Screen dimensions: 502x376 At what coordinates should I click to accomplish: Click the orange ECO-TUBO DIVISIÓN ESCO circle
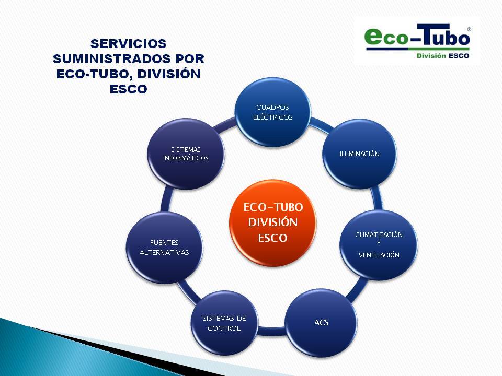point(273,223)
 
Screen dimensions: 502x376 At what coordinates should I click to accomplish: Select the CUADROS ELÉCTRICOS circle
point(273,112)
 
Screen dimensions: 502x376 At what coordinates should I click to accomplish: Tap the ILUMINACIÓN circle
point(360,154)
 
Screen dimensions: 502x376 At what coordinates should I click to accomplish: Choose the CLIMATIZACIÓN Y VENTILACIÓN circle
point(379,245)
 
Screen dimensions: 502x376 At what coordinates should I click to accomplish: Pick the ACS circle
point(321,323)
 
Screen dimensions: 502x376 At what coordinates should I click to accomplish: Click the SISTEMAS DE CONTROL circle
point(224,323)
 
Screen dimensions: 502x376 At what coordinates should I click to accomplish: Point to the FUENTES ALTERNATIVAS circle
point(165,248)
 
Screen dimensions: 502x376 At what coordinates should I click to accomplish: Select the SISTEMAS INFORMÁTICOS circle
point(186,154)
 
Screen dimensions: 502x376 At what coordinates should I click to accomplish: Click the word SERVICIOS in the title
point(129,43)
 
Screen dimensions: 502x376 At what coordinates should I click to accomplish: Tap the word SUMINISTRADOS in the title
point(110,59)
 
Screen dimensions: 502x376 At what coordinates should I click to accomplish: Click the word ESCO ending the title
point(129,89)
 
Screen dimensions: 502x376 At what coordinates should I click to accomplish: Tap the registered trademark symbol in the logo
point(469,29)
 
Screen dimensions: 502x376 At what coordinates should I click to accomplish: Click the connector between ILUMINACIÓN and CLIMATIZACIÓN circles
point(377,199)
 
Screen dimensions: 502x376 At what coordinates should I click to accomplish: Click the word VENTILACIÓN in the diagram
point(379,255)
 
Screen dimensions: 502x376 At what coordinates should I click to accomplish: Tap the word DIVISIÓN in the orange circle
point(273,222)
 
